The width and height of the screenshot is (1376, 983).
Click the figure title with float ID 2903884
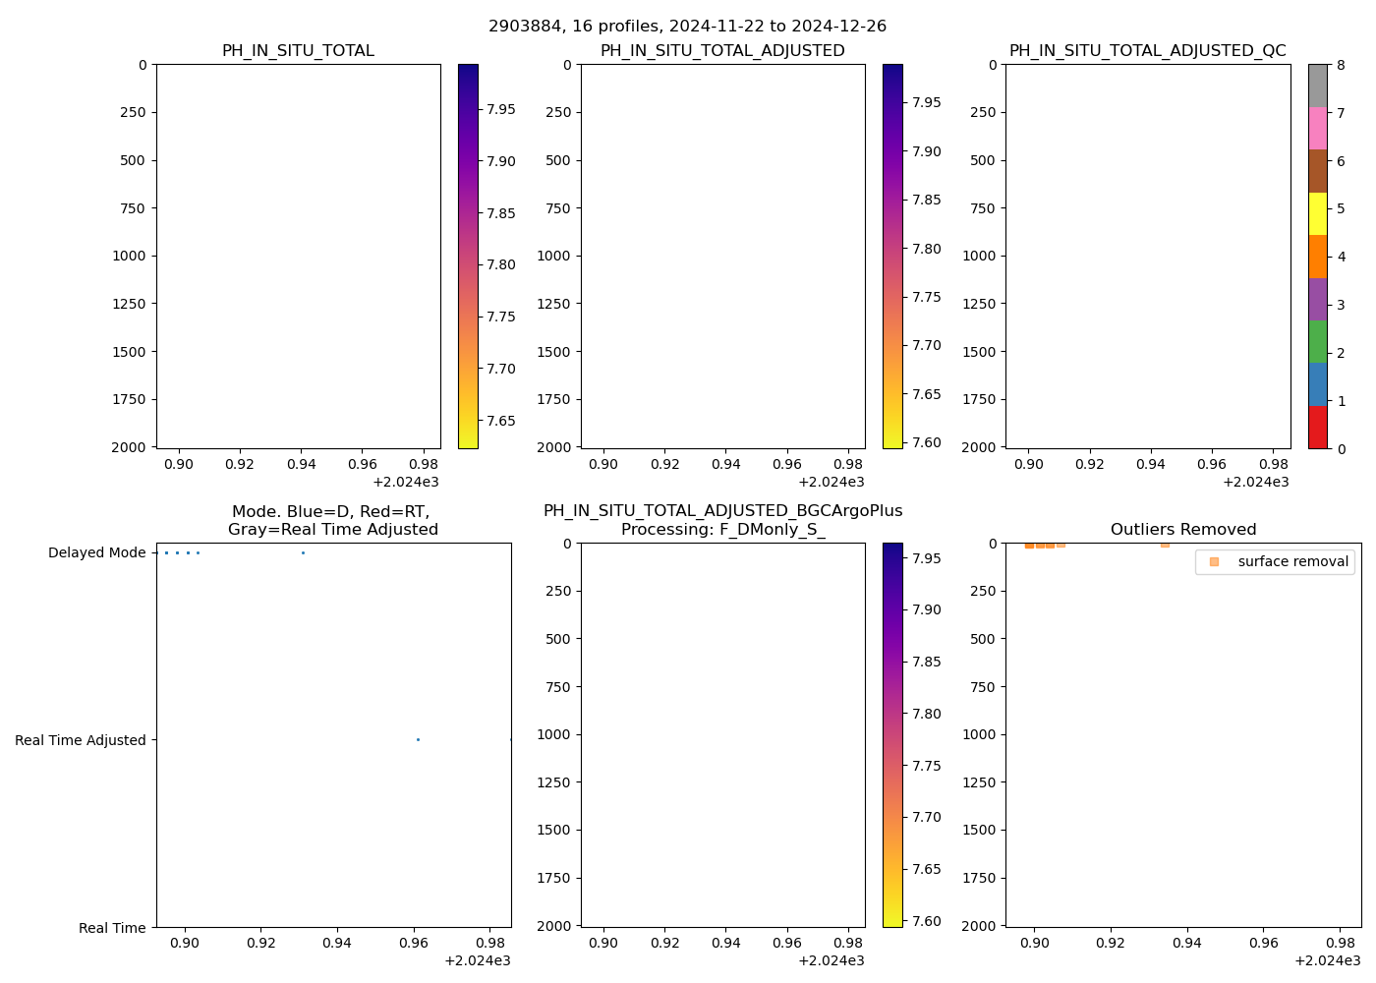point(687,26)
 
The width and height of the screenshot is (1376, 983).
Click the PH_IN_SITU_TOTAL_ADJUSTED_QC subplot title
point(1147,50)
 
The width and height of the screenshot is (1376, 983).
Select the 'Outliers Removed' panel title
point(1182,529)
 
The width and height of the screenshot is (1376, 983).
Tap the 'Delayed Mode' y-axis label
point(96,552)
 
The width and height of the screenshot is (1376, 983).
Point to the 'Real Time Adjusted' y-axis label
point(80,740)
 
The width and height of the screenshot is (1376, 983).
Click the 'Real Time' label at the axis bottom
point(112,928)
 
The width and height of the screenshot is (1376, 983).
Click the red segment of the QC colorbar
point(1317,428)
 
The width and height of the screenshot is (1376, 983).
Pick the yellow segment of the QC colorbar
point(1317,213)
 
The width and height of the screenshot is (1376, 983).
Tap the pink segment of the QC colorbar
point(1317,128)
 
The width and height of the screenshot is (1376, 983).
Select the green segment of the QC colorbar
point(1317,341)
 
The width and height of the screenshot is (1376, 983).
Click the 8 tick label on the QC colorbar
point(1341,65)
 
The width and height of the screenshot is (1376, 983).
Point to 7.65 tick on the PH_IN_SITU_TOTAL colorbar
point(501,421)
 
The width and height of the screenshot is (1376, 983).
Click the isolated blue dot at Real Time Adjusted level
point(418,739)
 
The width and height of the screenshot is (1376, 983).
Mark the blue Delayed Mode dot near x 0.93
point(303,552)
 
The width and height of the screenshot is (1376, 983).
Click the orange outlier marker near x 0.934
point(1165,544)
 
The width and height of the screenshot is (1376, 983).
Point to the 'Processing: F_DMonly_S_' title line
point(722,529)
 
